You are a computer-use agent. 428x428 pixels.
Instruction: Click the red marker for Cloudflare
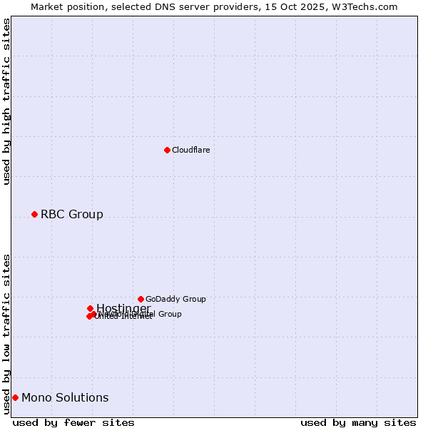pyautogui.click(x=167, y=150)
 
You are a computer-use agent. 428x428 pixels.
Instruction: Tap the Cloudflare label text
pyautogui.click(x=190, y=150)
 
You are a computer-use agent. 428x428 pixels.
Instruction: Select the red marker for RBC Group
pyautogui.click(x=34, y=214)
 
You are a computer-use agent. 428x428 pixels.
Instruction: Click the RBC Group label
pyautogui.click(x=71, y=214)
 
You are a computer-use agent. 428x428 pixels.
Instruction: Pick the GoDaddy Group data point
pyautogui.click(x=141, y=299)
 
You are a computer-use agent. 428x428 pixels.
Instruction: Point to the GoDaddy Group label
pyautogui.click(x=175, y=299)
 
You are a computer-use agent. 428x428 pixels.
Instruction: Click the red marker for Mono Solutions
pyautogui.click(x=15, y=397)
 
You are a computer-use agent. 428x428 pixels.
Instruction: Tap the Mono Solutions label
pyautogui.click(x=65, y=397)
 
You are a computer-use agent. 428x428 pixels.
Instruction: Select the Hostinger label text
pyautogui.click(x=123, y=308)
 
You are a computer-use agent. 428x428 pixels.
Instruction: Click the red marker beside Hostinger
pyautogui.click(x=90, y=308)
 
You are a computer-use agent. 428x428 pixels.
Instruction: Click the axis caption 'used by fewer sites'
pyautogui.click(x=73, y=422)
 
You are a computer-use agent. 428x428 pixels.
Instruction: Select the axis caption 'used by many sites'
pyautogui.click(x=358, y=422)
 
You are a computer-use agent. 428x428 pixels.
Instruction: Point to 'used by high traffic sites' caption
pyautogui.click(x=7, y=101)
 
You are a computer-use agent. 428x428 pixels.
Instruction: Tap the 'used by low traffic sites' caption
pyautogui.click(x=7, y=333)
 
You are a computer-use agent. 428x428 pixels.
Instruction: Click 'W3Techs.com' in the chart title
pyautogui.click(x=367, y=6)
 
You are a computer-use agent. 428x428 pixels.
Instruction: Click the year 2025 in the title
pyautogui.click(x=319, y=6)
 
